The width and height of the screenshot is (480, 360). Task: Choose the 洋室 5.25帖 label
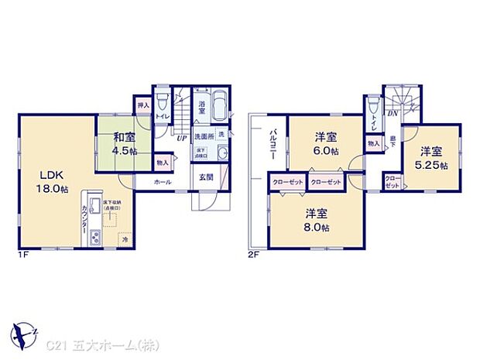[432, 158]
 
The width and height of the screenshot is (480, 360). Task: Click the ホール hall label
[163, 182]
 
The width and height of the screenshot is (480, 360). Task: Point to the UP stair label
[180, 139]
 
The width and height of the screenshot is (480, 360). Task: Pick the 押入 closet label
[142, 105]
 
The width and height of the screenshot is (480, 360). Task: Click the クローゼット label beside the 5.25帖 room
[393, 182]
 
